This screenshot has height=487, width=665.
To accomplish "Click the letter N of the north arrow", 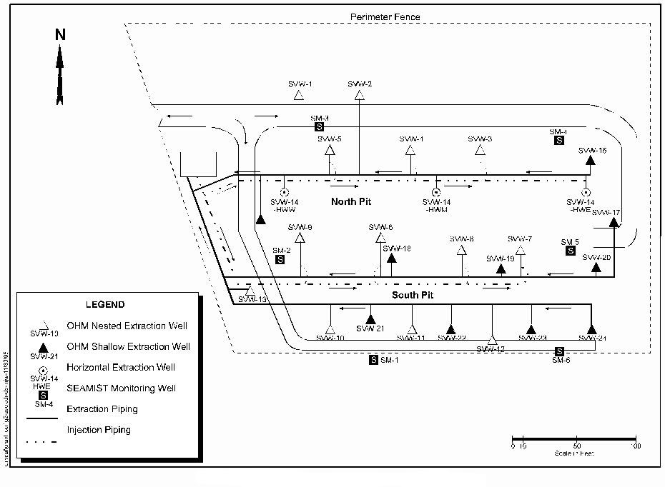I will (x=60, y=35).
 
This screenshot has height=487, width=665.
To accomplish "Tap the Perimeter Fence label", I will (x=385, y=16).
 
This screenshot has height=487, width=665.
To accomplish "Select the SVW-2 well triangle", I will (x=359, y=94).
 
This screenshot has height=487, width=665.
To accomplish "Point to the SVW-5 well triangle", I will (x=330, y=150).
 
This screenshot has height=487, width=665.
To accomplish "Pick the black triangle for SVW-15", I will (x=591, y=160).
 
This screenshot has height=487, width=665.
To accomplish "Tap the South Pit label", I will (x=413, y=294).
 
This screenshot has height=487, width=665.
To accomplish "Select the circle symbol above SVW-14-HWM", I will (x=436, y=191).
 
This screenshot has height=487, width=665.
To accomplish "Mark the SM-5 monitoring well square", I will (x=570, y=251).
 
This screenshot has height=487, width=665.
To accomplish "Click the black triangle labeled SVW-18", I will (x=391, y=258).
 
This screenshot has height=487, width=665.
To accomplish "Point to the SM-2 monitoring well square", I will (x=280, y=259).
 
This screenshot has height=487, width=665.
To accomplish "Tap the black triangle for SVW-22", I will (x=450, y=329).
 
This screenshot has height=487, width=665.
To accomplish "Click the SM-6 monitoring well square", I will (x=559, y=351).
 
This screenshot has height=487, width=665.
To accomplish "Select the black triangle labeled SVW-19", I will (x=501, y=268).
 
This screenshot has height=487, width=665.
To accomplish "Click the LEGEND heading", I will (x=105, y=305).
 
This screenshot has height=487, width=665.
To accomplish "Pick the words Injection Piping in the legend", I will (x=99, y=430).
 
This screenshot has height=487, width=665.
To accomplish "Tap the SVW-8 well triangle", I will (x=461, y=250).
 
